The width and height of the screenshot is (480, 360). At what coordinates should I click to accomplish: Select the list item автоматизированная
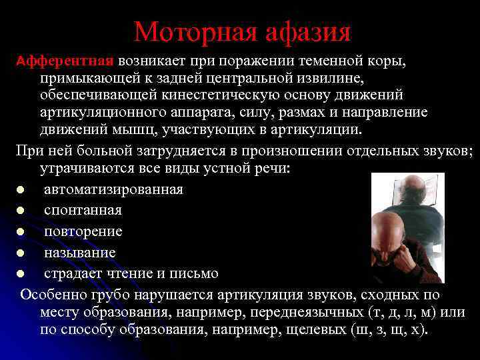click(113, 189)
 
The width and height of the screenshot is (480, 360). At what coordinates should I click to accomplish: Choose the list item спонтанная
click(83, 211)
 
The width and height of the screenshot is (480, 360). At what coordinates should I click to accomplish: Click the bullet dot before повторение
click(21, 232)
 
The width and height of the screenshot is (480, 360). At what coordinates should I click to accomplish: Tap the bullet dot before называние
click(21, 253)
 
